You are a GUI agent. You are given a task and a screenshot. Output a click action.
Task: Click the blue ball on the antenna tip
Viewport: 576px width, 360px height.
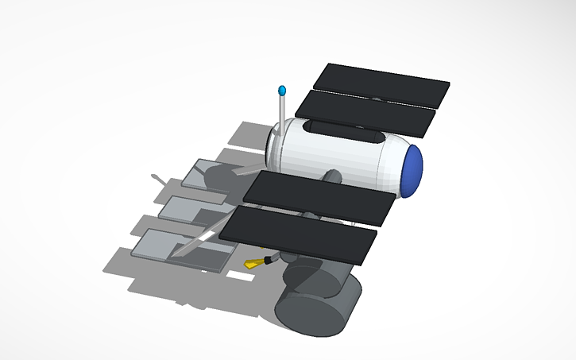281,91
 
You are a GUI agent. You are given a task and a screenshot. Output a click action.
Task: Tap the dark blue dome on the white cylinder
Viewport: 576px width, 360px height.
412,170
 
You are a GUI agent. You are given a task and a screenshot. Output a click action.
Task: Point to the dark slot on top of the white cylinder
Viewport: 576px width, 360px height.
342,130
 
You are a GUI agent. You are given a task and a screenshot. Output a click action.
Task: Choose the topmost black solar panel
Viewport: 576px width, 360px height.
381,85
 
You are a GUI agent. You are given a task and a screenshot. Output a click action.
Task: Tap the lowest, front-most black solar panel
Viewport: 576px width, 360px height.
298,234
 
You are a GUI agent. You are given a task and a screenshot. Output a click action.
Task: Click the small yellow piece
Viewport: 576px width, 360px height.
253,264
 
